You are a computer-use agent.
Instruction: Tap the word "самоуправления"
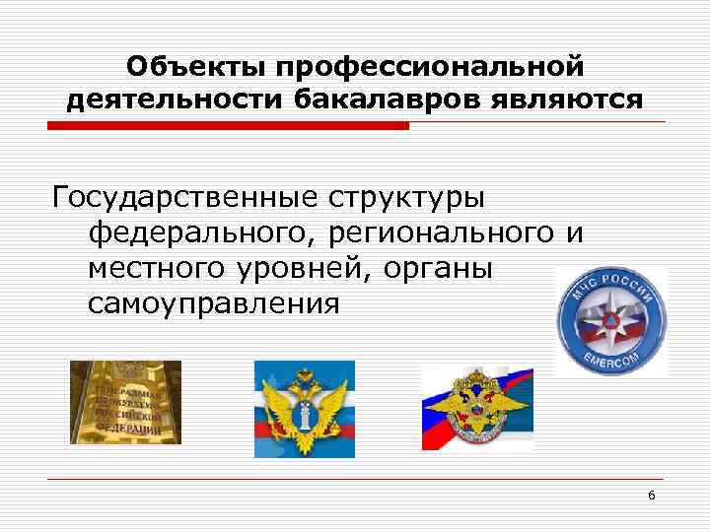[215, 302]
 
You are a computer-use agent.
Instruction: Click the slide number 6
[652, 495]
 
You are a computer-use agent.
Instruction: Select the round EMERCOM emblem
[611, 321]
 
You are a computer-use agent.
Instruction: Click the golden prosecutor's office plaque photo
[125, 402]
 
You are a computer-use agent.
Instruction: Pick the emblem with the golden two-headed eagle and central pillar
[304, 408]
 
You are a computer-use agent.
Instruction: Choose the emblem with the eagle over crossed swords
[477, 407]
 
